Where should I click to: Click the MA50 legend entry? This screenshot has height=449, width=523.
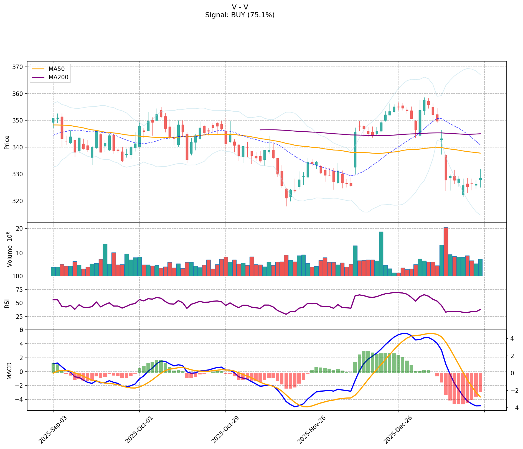click(x=57, y=69)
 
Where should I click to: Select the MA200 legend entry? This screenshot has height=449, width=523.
click(x=58, y=77)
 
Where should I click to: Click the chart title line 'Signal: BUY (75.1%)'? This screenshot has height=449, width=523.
click(x=240, y=15)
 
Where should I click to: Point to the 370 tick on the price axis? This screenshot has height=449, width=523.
click(x=19, y=67)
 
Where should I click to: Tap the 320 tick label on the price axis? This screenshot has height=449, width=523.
click(x=19, y=201)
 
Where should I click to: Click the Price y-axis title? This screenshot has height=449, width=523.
click(x=7, y=142)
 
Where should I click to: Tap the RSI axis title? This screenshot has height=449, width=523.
click(x=7, y=303)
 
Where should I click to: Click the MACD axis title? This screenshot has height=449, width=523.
click(x=9, y=371)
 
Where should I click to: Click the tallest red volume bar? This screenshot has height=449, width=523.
click(x=446, y=251)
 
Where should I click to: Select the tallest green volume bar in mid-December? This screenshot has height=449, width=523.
click(x=381, y=254)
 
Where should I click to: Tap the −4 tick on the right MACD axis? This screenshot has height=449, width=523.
click(x=512, y=408)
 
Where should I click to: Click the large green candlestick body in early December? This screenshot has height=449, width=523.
click(x=355, y=150)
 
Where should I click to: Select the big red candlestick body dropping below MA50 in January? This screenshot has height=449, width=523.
click(x=446, y=168)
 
